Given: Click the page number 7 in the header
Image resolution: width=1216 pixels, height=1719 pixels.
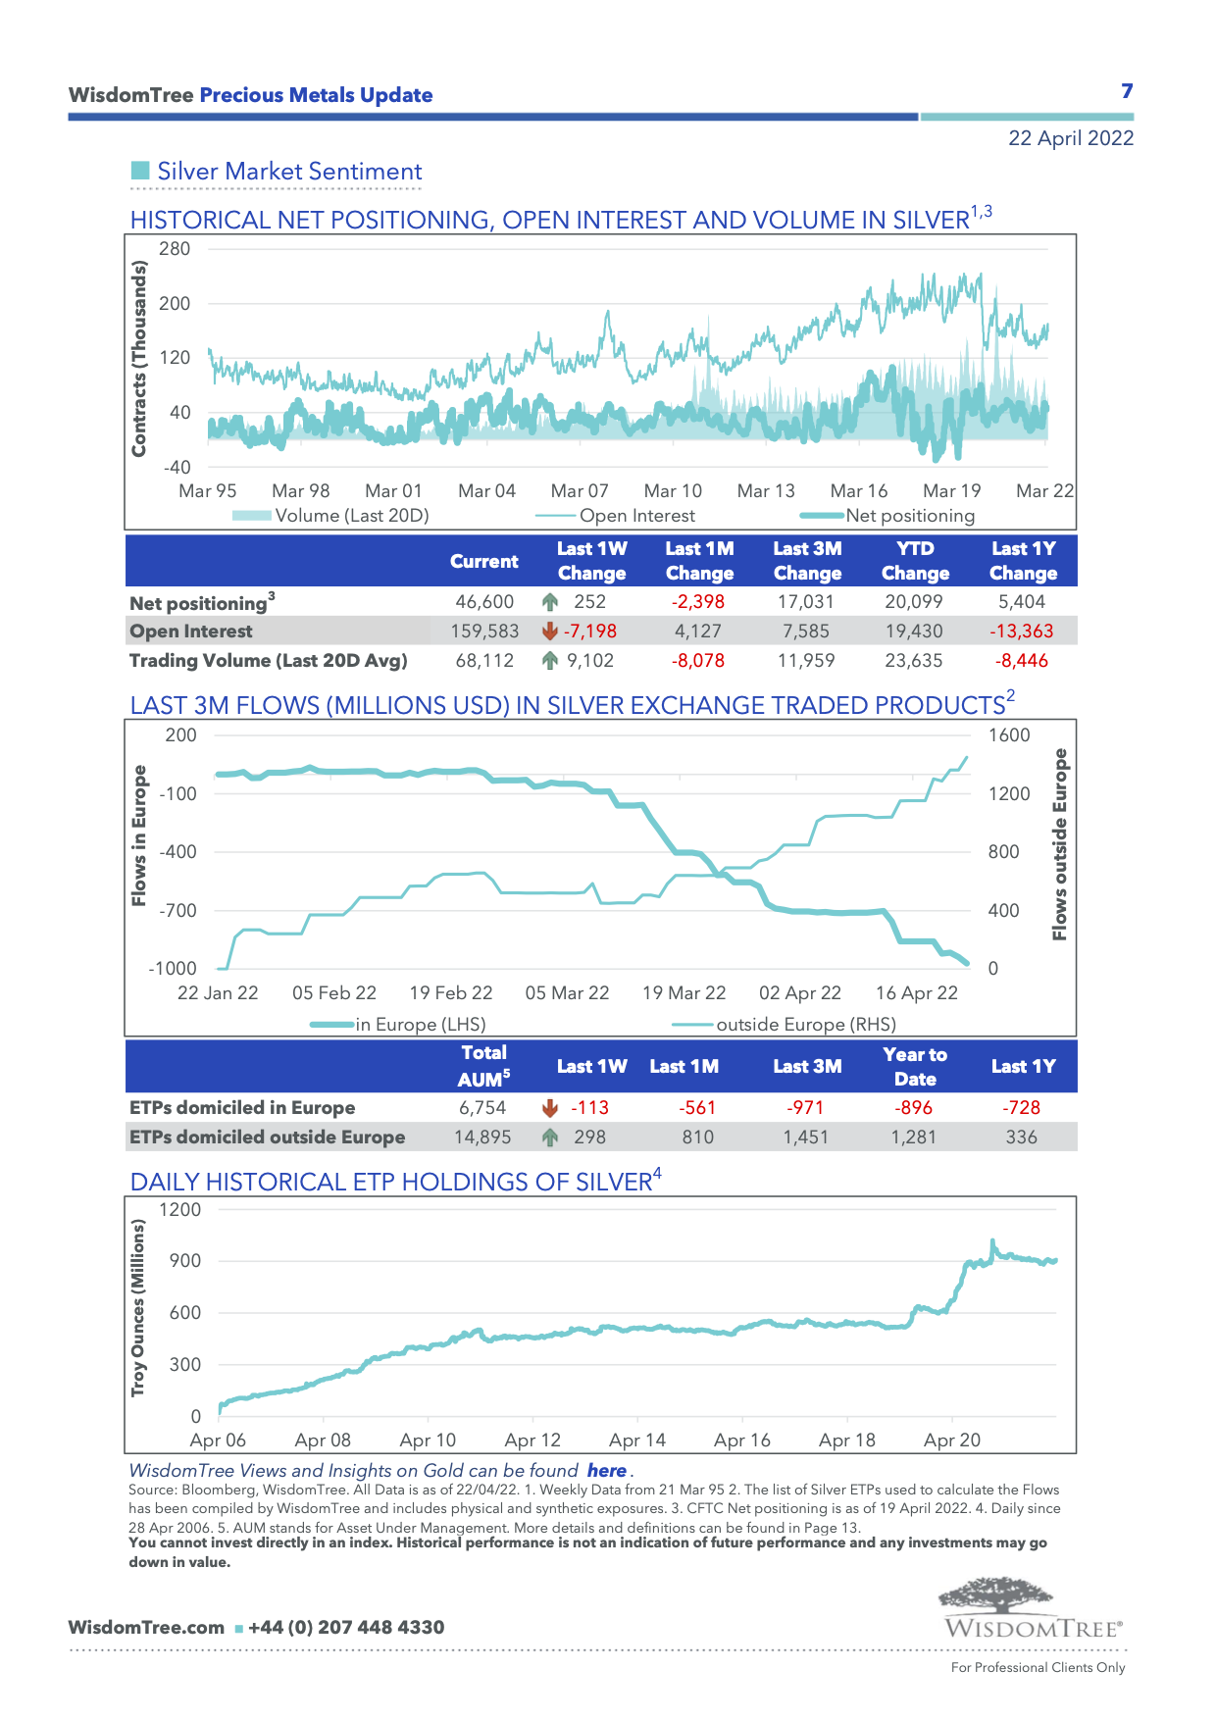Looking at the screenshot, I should pyautogui.click(x=1127, y=91).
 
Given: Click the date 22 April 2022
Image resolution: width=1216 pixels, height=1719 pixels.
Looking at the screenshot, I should pyautogui.click(x=1070, y=138).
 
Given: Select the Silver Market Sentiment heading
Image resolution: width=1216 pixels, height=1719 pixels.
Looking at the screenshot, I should pyautogui.click(x=289, y=172).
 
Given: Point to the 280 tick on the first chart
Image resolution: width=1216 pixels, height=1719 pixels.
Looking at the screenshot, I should pyautogui.click(x=175, y=249).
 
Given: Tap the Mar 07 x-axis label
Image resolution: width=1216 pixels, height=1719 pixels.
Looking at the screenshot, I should pyautogui.click(x=580, y=491).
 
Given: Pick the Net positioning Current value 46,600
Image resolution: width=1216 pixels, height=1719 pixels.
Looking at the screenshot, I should pyautogui.click(x=484, y=602).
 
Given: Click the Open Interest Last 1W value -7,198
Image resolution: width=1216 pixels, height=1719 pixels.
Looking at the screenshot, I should pyautogui.click(x=589, y=632).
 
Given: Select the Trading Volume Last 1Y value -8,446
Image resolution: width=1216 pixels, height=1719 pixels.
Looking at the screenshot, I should pyautogui.click(x=1021, y=661).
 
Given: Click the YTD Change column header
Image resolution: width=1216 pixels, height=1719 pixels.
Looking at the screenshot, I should pyautogui.click(x=915, y=561).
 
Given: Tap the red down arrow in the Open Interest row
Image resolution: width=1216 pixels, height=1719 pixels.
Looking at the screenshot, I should pyautogui.click(x=550, y=632).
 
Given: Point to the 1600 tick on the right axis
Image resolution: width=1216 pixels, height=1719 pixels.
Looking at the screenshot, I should pyautogui.click(x=1008, y=735).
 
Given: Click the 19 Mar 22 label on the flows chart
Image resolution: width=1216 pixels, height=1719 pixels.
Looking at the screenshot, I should pyautogui.click(x=684, y=993).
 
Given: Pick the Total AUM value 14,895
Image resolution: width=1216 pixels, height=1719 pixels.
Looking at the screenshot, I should pyautogui.click(x=482, y=1138).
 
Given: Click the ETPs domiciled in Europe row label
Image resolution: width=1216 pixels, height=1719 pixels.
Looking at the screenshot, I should pyautogui.click(x=242, y=1108).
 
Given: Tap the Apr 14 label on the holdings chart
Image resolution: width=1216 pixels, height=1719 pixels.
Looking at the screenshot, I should pyautogui.click(x=636, y=1441).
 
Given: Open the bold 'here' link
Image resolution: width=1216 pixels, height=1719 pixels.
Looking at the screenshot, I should pyautogui.click(x=606, y=1471).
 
